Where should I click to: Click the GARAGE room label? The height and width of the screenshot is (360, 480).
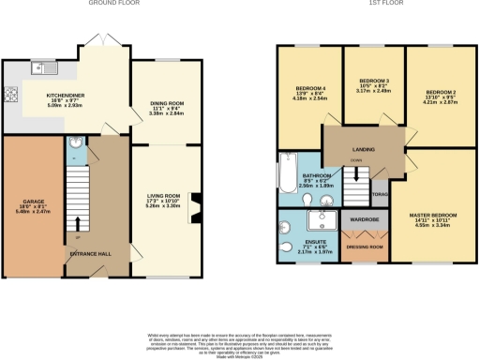coord(34,201)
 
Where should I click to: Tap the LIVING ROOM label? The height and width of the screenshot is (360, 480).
coord(162,195)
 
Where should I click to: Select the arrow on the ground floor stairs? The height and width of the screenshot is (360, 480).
coord(78,223)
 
